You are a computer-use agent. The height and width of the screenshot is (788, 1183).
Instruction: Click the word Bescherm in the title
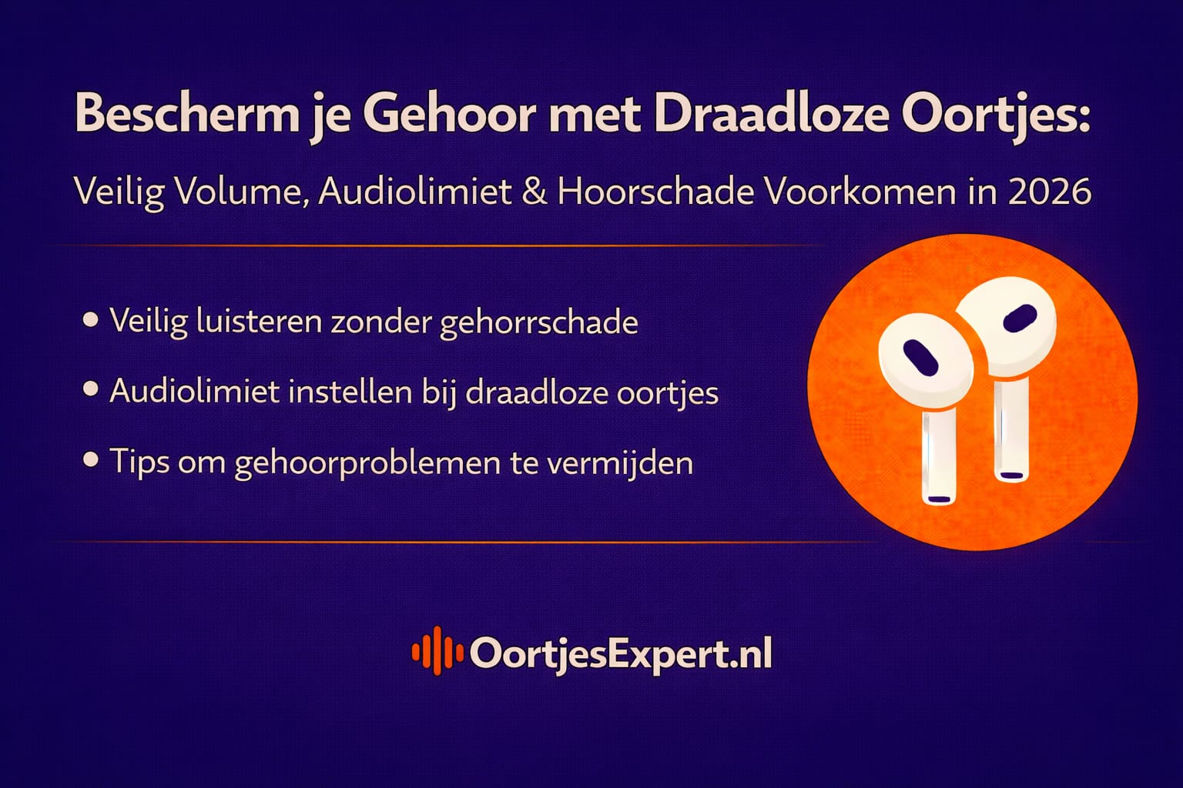tap(187, 114)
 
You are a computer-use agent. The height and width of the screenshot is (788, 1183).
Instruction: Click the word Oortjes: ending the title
tap(995, 115)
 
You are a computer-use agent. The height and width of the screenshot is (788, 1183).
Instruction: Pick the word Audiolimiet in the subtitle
tap(416, 191)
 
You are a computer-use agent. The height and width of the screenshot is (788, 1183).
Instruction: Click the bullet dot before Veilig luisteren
tap(91, 319)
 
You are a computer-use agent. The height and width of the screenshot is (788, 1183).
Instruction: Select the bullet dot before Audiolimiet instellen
tap(91, 389)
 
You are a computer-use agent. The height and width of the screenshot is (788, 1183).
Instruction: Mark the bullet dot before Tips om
tap(91, 460)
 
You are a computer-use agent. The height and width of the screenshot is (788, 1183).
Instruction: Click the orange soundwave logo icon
tap(437, 652)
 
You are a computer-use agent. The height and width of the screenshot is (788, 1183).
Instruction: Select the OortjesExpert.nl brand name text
tap(621, 654)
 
